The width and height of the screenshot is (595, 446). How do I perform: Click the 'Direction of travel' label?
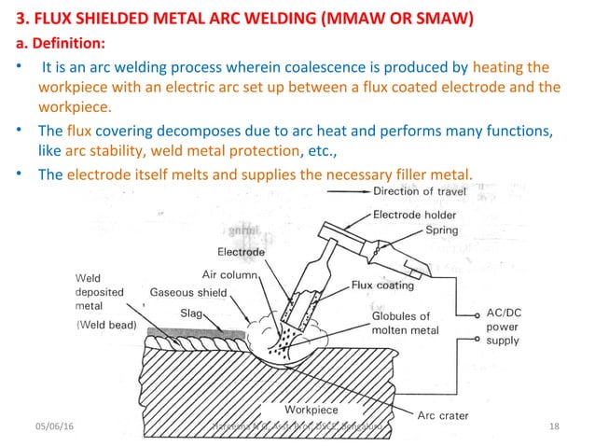pyautogui.click(x=423, y=191)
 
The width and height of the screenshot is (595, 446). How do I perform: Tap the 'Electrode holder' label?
pyautogui.click(x=414, y=214)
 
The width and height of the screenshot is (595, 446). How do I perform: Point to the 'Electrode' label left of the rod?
pyautogui.click(x=242, y=252)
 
